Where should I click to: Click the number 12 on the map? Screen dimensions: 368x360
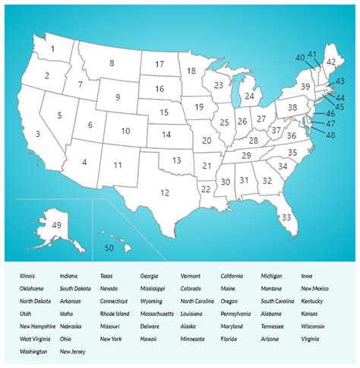(x=164, y=192)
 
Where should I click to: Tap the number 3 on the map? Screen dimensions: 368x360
(x=37, y=135)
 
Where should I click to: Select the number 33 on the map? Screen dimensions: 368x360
(x=286, y=217)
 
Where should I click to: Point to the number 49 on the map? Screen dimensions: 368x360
(x=56, y=225)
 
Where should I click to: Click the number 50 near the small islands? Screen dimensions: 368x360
(x=109, y=248)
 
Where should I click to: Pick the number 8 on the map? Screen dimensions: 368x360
(x=112, y=63)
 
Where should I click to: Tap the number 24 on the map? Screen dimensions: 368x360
(x=249, y=97)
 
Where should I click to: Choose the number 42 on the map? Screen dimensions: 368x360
(x=330, y=62)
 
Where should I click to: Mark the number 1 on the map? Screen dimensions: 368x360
(x=52, y=49)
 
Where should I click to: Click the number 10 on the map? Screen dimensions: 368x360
(x=125, y=132)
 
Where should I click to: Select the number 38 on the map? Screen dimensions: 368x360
(x=292, y=108)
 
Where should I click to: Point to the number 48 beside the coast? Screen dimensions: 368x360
(x=330, y=135)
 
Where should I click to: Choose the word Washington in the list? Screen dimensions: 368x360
(x=34, y=351)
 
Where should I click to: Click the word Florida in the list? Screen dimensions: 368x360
(x=230, y=338)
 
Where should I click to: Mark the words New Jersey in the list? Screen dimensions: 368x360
(x=73, y=351)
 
